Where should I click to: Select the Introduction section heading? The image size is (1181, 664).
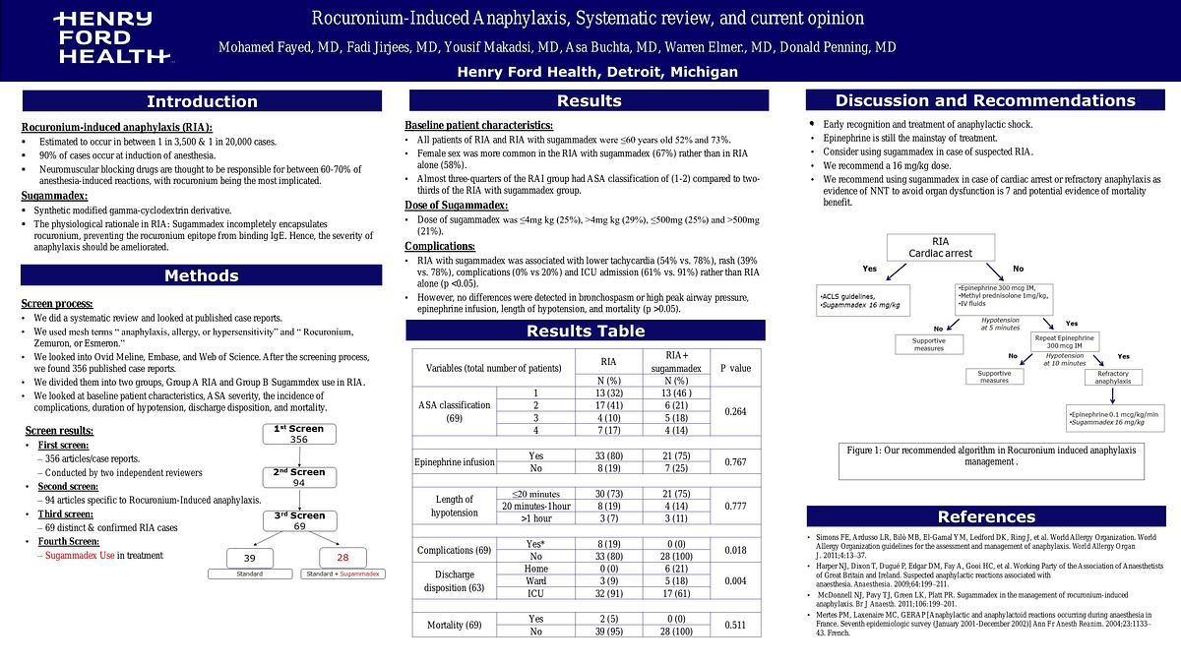[202, 101]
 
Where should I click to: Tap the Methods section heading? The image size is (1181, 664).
[202, 275]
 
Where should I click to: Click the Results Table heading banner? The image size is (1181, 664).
[586, 331]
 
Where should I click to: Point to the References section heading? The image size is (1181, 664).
[986, 516]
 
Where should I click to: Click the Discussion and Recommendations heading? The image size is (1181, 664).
[985, 100]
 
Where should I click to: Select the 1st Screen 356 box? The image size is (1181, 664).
[298, 435]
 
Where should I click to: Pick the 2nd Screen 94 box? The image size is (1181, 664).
[298, 477]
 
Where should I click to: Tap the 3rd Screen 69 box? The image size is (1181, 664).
[298, 520]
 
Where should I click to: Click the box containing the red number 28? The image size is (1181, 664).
[342, 558]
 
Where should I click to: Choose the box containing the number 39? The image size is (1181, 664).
[249, 558]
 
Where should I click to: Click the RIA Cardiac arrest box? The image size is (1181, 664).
[940, 247]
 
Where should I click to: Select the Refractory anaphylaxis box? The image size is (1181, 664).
[1112, 377]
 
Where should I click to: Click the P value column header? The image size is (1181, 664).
[735, 368]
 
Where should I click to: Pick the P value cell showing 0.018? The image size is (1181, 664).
[735, 550]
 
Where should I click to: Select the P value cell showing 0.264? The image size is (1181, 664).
[735, 411]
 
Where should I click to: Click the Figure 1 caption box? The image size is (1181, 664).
[990, 456]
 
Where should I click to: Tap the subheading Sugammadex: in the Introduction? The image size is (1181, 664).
[54, 196]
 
